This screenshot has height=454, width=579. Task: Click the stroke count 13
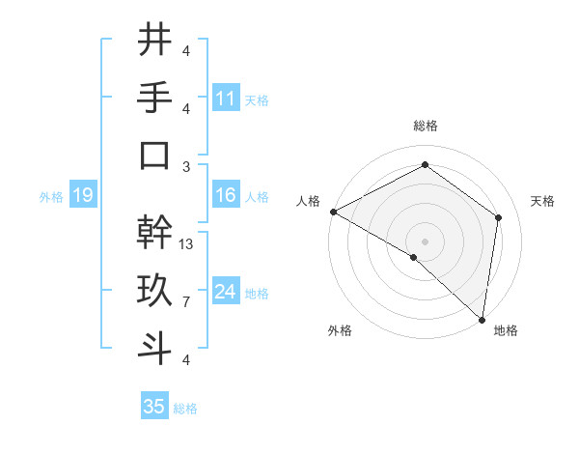pyautogui.click(x=187, y=244)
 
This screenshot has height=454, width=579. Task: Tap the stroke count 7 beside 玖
pyautogui.click(x=185, y=302)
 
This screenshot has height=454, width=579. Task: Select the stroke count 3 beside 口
pyautogui.click(x=185, y=166)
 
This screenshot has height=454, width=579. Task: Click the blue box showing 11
pyautogui.click(x=226, y=98)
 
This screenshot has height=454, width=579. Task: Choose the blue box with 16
pyautogui.click(x=226, y=196)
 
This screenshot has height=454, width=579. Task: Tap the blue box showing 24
pyautogui.click(x=226, y=292)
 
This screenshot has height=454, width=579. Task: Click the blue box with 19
pyautogui.click(x=82, y=196)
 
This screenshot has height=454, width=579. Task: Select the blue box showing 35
pyautogui.click(x=154, y=407)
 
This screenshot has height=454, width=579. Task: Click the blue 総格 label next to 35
pyautogui.click(x=185, y=409)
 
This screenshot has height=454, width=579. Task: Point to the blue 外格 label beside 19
pyautogui.click(x=51, y=197)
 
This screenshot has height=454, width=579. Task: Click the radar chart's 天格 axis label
pyautogui.click(x=542, y=201)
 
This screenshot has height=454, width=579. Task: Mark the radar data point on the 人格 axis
pyautogui.click(x=333, y=212)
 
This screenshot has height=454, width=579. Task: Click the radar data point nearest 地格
pyautogui.click(x=482, y=320)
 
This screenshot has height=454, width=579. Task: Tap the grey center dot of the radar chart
pyautogui.click(x=425, y=241)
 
